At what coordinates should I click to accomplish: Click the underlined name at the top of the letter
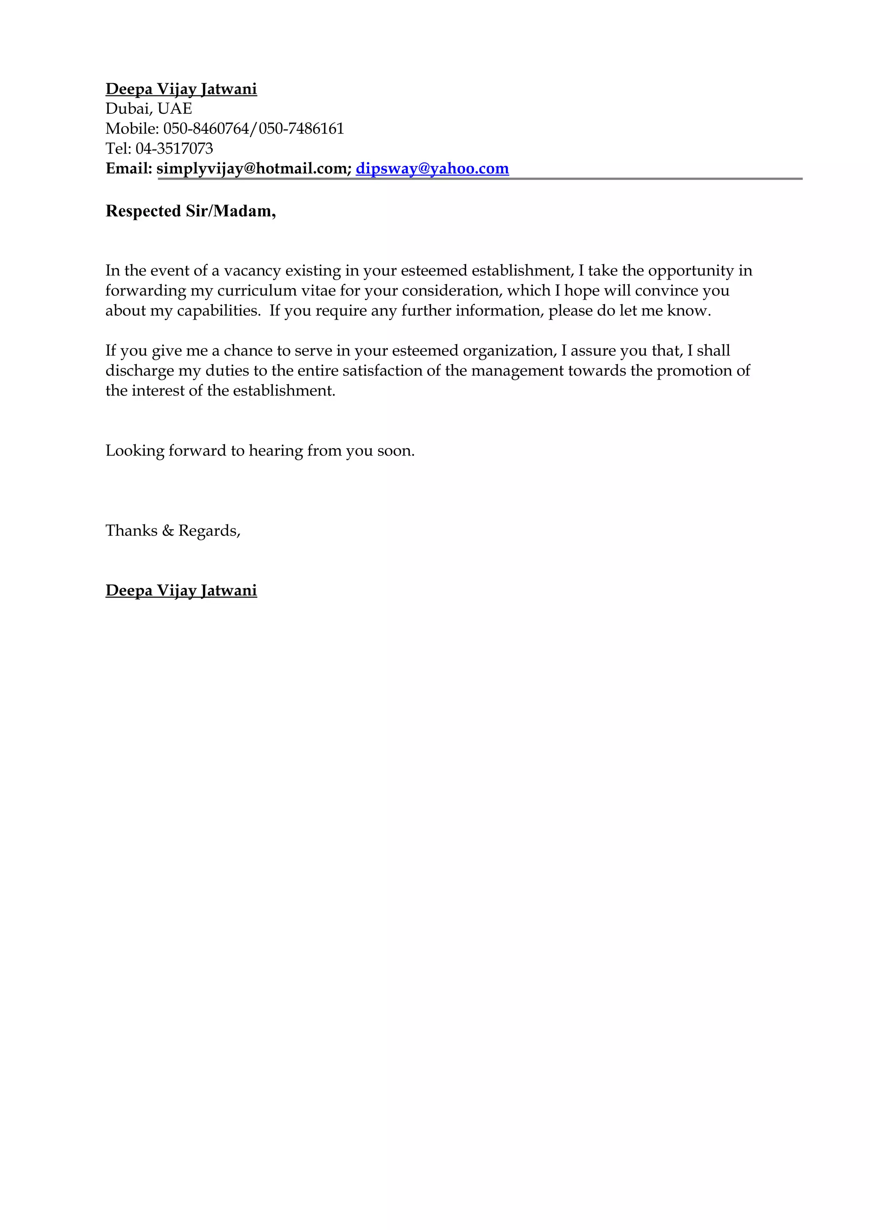[x=181, y=89]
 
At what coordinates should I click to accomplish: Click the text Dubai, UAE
[x=149, y=109]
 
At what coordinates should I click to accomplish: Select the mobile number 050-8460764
[x=206, y=129]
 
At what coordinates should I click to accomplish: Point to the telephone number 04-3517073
[x=174, y=149]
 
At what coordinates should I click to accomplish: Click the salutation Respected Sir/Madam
[x=190, y=211]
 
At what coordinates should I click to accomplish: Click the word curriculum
[x=257, y=290]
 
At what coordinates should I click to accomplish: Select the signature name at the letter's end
[x=181, y=590]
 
